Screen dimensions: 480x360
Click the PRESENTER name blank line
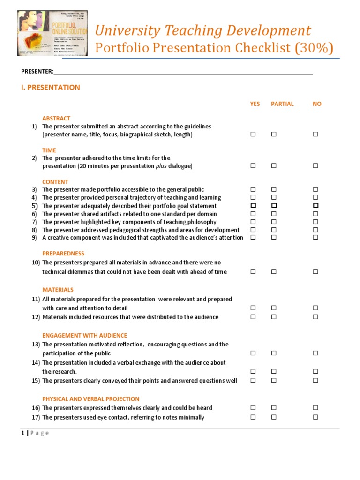pos(183,72)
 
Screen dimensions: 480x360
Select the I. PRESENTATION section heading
pos(51,87)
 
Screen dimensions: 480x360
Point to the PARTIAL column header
pos(282,104)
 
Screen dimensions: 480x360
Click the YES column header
pos(255,104)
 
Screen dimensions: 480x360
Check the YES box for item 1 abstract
pos(253,135)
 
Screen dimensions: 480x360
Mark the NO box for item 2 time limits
pos(315,166)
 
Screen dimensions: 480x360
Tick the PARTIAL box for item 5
pos(274,206)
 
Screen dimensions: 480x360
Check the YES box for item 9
pos(253,238)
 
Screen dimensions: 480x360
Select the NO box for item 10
pos(315,271)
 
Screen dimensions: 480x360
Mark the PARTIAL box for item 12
pos(274,317)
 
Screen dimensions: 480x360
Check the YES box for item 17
pos(253,417)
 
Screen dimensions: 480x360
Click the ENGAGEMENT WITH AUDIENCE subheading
pos(84,336)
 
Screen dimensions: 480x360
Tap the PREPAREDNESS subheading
pos(63,253)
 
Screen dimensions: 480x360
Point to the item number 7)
pos(34,222)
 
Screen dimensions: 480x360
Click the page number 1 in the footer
pos(22,433)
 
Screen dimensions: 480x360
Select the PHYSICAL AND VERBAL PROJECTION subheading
pos(90,399)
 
